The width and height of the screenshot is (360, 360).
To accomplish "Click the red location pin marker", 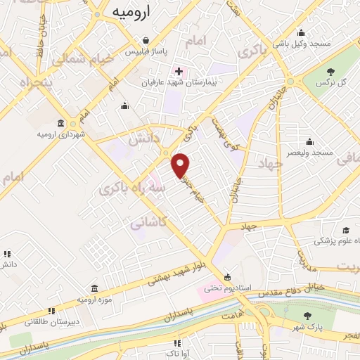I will [x=181, y=165].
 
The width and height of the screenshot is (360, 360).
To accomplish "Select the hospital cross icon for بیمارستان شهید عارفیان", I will [x=179, y=71].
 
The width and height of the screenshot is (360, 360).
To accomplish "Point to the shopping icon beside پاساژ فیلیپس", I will [x=145, y=40].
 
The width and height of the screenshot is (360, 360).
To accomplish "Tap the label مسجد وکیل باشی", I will [x=302, y=44].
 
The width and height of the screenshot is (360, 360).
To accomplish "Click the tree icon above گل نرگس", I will [x=329, y=71].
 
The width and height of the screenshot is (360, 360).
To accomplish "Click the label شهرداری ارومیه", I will [x=62, y=134].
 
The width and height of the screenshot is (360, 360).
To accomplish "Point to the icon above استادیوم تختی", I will [x=226, y=276].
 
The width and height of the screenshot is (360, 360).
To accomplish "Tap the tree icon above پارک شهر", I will [x=305, y=316].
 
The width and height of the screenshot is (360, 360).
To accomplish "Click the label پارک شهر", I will [x=305, y=328].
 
